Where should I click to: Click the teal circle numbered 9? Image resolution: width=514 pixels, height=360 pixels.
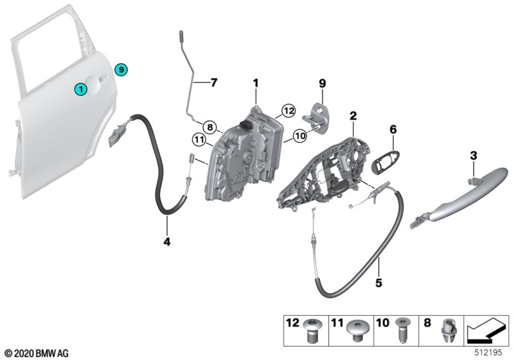tap(121, 69)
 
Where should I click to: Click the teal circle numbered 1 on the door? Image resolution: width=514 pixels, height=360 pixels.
tap(81, 89)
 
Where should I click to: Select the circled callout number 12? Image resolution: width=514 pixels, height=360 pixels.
tap(288, 111)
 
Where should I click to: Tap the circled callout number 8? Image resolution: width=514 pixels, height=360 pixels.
tap(210, 127)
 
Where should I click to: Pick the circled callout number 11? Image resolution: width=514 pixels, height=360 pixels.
tap(199, 140)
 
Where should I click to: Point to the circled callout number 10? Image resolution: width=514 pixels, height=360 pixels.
tap(300, 135)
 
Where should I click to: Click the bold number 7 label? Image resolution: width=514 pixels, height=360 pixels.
tap(214, 82)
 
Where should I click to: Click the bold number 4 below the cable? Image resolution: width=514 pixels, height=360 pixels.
tap(167, 242)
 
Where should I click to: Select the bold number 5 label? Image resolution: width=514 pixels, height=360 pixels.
tap(378, 282)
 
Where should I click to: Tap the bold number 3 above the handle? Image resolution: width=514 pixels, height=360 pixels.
tap(474, 156)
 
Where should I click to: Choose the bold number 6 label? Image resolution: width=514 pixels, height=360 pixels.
tap(393, 130)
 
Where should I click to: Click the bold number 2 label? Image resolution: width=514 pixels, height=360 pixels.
tap(353, 116)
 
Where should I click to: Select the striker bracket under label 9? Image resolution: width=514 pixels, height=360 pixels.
tap(315, 118)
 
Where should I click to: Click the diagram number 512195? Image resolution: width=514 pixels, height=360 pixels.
tap(488, 353)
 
